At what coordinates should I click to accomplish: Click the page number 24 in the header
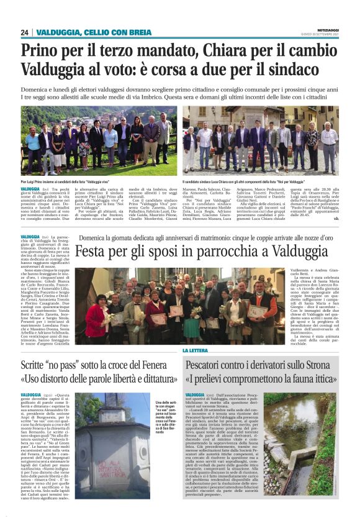click(x=25, y=32)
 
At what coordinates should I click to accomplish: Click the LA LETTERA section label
click(x=196, y=351)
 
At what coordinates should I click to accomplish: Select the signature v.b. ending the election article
click(x=336, y=219)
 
